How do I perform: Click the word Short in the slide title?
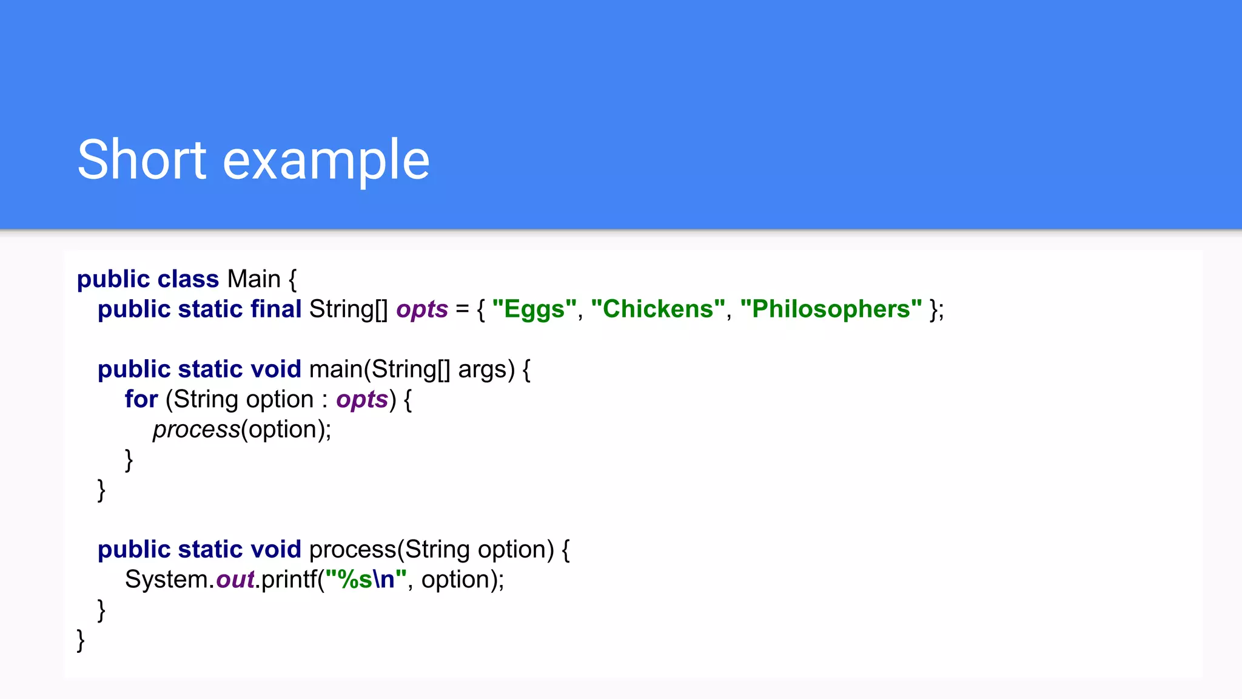142,160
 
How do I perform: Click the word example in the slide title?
326,161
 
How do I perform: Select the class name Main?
253,279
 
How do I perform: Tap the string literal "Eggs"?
534,309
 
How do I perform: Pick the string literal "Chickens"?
658,309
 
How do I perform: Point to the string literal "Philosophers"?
831,309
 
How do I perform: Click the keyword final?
276,309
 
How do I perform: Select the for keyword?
141,399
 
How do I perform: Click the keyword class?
188,279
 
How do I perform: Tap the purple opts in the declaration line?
422,310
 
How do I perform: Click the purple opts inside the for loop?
362,400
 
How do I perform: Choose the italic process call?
196,430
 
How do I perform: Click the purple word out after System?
235,579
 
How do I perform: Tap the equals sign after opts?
462,309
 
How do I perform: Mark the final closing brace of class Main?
81,640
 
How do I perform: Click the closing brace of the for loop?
129,460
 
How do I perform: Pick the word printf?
289,579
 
